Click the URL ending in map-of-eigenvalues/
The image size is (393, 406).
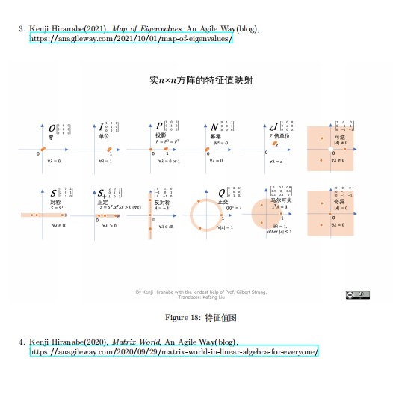131,39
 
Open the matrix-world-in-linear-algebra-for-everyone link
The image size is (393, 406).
174,351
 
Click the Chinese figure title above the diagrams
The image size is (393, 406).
200,79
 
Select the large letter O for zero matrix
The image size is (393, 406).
52,127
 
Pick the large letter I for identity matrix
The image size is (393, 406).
102,127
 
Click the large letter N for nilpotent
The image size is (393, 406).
214,127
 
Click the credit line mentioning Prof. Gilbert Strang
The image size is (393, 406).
200,292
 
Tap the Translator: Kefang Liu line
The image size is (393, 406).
200,298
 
